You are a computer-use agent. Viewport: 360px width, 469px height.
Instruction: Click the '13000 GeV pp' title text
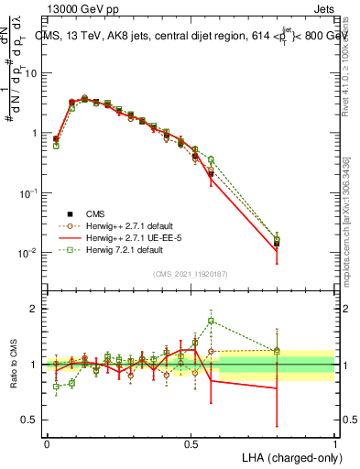(81, 8)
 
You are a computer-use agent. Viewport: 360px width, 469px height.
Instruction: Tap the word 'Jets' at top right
(322, 8)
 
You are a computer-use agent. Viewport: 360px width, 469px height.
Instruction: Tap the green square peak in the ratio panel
(211, 321)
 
